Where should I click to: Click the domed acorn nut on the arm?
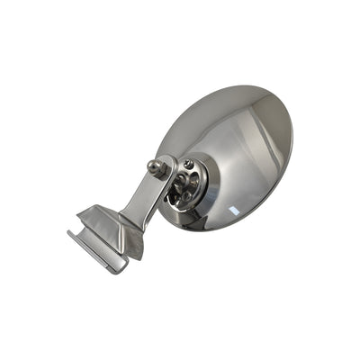[156, 167]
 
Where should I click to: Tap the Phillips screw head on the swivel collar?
[187, 165]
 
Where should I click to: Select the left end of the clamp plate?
[71, 235]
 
